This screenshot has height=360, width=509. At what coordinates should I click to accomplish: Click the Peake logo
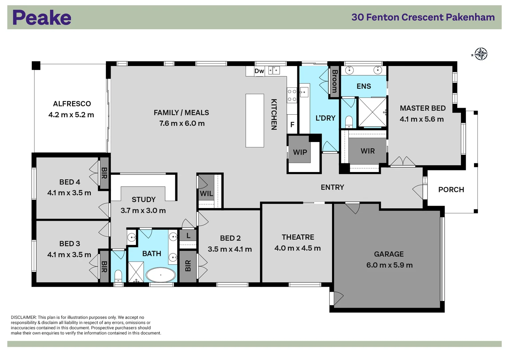click(42, 17)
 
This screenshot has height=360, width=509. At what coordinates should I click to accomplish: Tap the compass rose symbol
click(481, 54)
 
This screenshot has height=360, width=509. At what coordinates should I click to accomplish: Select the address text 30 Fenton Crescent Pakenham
click(423, 17)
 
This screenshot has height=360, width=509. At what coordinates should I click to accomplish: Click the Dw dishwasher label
click(259, 71)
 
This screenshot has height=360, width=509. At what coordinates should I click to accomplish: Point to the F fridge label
click(292, 125)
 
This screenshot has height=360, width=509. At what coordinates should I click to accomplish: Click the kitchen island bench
click(255, 120)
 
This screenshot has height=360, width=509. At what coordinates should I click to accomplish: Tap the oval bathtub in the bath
click(161, 275)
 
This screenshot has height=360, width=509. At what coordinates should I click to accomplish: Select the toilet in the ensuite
click(349, 122)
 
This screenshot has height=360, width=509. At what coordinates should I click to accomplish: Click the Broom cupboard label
click(334, 81)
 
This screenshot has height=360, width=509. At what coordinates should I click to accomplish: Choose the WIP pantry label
click(300, 152)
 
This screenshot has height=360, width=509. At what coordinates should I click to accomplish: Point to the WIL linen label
click(206, 194)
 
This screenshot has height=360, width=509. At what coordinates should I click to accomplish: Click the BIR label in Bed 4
click(104, 173)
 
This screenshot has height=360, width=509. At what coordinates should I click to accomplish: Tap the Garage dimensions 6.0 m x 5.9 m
click(389, 265)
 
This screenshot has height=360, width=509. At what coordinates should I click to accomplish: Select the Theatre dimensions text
click(298, 248)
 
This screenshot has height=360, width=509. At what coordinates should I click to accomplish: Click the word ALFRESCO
click(72, 104)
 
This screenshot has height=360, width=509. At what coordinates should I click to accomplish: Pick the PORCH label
click(451, 190)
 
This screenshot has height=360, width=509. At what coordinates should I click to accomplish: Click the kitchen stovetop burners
click(292, 95)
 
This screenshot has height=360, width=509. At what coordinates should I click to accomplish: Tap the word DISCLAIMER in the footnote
click(23, 317)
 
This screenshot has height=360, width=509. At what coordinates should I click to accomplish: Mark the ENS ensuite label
click(364, 86)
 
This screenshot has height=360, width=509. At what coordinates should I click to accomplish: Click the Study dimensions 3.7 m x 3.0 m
click(143, 211)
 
